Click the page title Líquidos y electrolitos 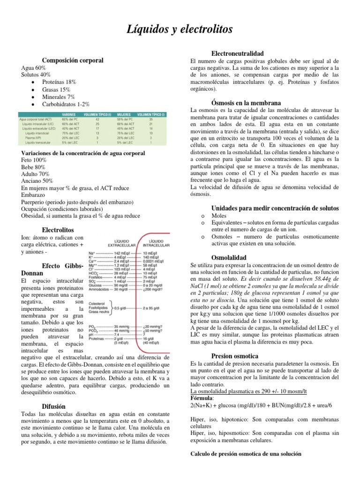pyautogui.click(x=180, y=30)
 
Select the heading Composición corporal pyautogui.click(x=73, y=60)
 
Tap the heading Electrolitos pyautogui.click(x=58, y=230)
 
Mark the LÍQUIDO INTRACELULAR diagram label pyautogui.click(x=156, y=242)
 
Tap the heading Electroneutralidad pyautogui.click(x=238, y=53)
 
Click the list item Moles pyautogui.click(x=219, y=216)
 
